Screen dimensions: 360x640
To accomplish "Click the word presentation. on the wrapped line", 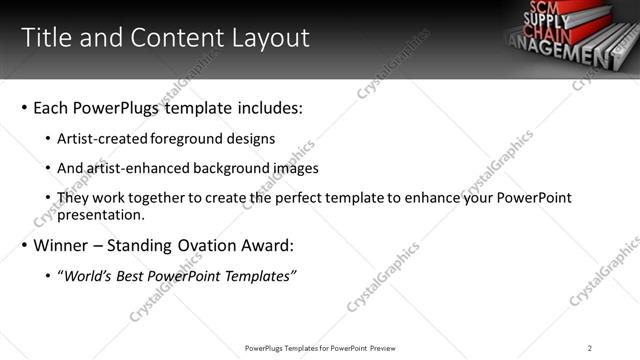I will coord(101,214).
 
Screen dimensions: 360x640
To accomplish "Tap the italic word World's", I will coord(87,276).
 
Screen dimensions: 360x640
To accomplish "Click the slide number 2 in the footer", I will coord(589,348).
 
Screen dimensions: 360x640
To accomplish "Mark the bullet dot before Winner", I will coord(23,246).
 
